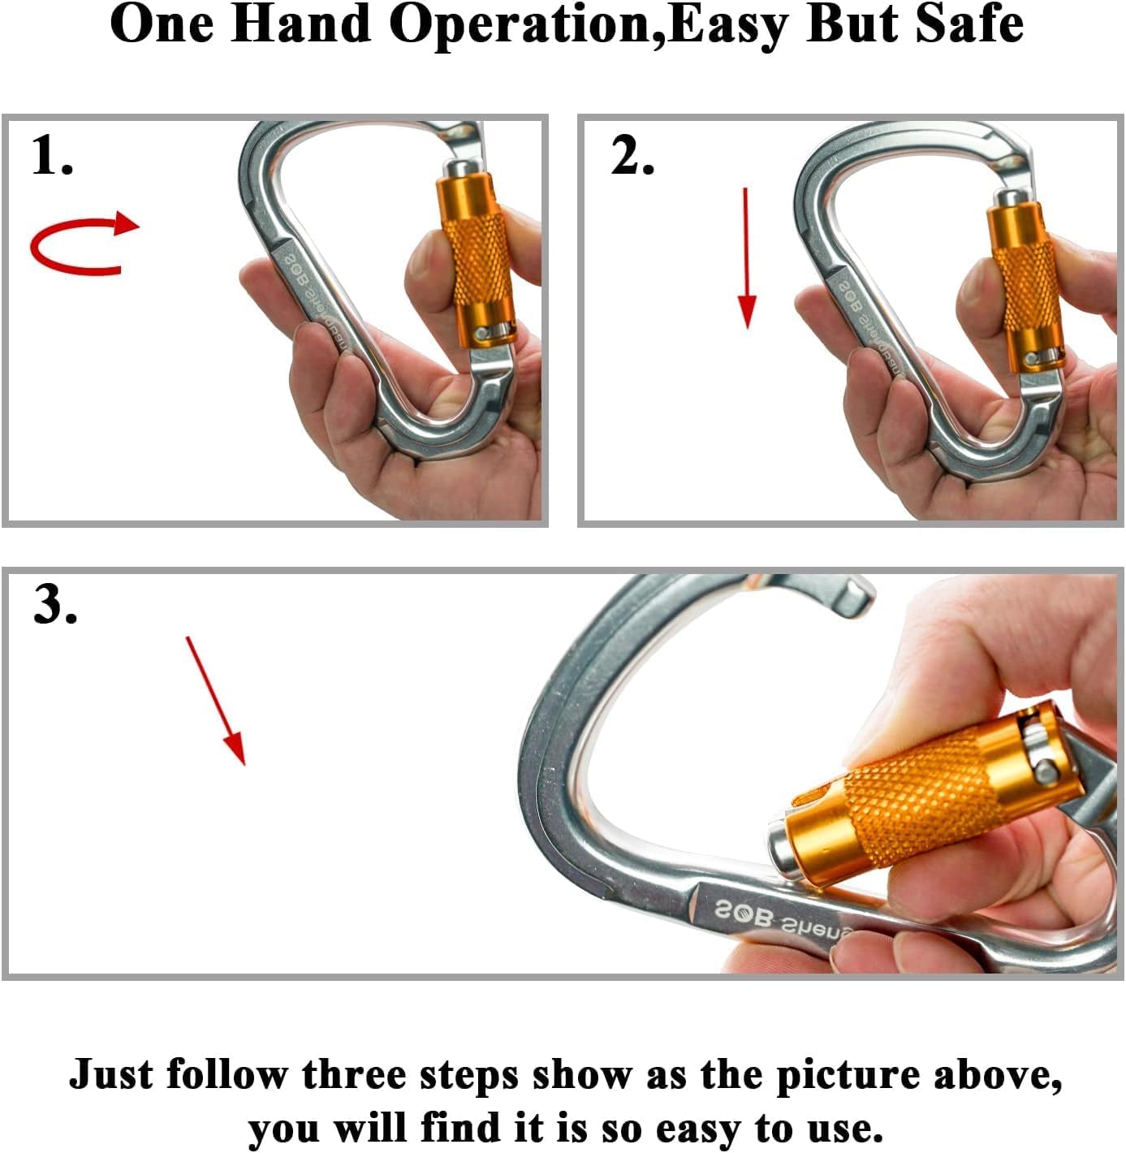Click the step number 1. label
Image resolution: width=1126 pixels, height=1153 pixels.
coord(52,155)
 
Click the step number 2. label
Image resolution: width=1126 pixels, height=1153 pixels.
coord(632,155)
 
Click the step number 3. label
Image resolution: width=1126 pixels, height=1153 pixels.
coord(55,605)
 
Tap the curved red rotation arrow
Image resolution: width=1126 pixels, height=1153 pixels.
coord(82,244)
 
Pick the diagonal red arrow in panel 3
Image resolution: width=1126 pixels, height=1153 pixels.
coord(216,701)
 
